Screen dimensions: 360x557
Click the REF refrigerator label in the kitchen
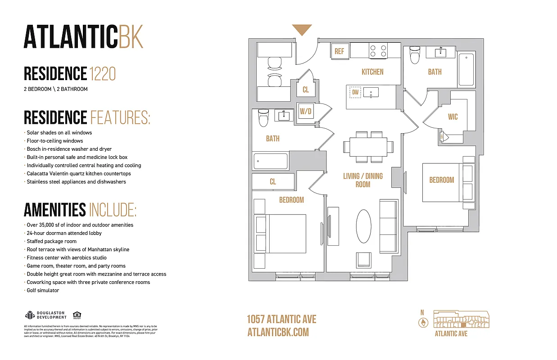[x=339, y=51]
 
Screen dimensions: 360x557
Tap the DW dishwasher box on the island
[x=355, y=93]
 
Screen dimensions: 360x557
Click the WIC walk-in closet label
[x=453, y=117]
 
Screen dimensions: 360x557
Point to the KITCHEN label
[x=372, y=72]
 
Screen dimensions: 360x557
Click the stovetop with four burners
[x=378, y=50]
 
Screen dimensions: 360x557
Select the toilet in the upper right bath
[x=415, y=55]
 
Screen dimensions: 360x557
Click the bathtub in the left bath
[x=270, y=161]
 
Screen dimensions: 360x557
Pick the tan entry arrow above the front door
[x=302, y=30]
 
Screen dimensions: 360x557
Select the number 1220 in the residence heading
[x=103, y=73]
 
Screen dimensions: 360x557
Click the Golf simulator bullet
[x=43, y=290]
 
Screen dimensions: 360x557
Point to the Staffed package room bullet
[x=51, y=241]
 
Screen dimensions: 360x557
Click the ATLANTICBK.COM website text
[x=278, y=332]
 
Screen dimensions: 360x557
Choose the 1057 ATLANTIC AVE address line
[x=281, y=319]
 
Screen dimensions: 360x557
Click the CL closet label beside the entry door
[x=306, y=90]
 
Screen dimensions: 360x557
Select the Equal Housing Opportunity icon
[x=77, y=315]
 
